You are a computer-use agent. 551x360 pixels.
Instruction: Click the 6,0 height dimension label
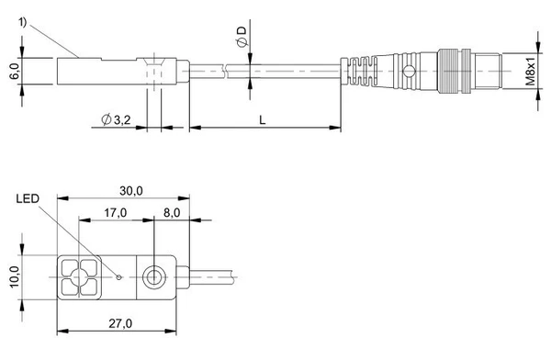pyautogui.click(x=15, y=72)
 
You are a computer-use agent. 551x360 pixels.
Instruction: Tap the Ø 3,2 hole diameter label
pyautogui.click(x=116, y=120)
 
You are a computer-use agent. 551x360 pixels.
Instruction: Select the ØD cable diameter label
pyautogui.click(x=242, y=37)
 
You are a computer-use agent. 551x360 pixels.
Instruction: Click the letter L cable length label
pyautogui.click(x=262, y=120)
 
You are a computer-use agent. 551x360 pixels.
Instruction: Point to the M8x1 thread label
pyautogui.click(x=530, y=72)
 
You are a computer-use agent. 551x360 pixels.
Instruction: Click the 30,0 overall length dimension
pyautogui.click(x=131, y=191)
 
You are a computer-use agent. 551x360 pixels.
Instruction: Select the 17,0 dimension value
pyautogui.click(x=116, y=213)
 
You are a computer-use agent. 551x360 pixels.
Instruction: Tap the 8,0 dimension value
pyautogui.click(x=172, y=213)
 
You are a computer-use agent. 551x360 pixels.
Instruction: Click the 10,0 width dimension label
pyautogui.click(x=15, y=277)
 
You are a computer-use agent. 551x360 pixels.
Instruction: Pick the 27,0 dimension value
pyautogui.click(x=120, y=323)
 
